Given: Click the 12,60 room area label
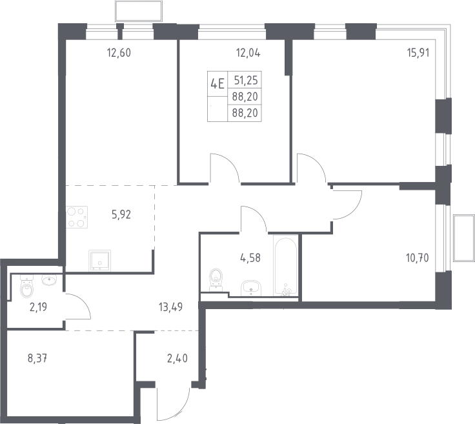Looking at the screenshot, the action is (119, 53).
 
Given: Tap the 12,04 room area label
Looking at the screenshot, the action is (248, 53).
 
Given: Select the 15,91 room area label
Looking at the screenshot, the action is (418, 53).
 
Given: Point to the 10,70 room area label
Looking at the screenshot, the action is (417, 258).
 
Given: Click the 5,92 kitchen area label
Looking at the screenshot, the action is (121, 215).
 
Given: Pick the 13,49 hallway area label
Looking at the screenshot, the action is (170, 307).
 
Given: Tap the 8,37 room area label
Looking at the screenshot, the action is (37, 359).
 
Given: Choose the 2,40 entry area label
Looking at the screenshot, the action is (177, 359).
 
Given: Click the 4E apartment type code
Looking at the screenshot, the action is (217, 84).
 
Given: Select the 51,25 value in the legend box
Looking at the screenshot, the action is (246, 80).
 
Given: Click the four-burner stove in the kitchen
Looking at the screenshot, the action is (77, 217).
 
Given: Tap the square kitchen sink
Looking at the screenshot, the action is (99, 261).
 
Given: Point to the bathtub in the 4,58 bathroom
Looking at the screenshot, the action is (285, 265).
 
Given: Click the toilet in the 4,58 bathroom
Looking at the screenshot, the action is (216, 279).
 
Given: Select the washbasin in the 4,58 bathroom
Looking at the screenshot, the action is (251, 288).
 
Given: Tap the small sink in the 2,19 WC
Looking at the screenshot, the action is (49, 280).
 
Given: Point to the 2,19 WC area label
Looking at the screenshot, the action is (38, 307).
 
